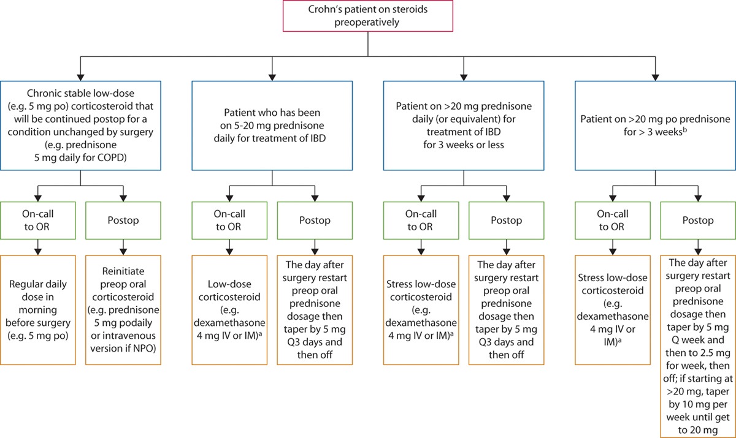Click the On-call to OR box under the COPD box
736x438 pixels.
pyautogui.click(x=39, y=220)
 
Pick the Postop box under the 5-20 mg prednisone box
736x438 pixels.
pyautogui.click(x=315, y=220)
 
